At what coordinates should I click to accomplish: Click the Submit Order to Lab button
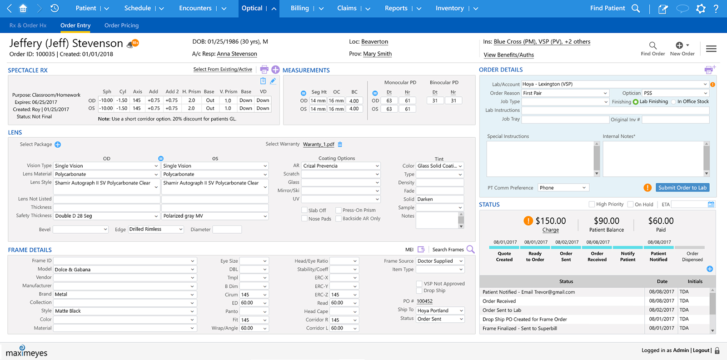[x=682, y=188]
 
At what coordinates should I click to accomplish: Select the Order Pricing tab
[x=121, y=25]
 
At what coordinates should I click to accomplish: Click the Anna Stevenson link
[x=237, y=54]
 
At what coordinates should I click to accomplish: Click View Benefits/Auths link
[x=508, y=55]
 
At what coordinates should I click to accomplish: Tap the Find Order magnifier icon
[x=652, y=45]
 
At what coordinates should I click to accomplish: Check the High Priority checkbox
[x=592, y=205]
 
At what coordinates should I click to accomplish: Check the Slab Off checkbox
[x=304, y=210]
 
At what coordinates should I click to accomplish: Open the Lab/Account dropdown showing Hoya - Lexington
[x=614, y=84]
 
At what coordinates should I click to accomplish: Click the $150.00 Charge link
[x=550, y=230]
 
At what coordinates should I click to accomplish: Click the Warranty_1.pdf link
[x=319, y=145]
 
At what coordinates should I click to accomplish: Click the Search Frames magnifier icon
[x=470, y=249]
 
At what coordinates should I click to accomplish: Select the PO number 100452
[x=424, y=301]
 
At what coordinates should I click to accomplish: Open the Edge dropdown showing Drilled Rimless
[x=155, y=230]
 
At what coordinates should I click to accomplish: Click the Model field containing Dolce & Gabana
[x=122, y=270]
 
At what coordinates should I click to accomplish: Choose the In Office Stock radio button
[x=674, y=102]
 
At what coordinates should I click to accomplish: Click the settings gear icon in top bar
[x=701, y=9]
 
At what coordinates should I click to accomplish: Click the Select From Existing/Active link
[x=222, y=70]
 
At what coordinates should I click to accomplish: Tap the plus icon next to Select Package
[x=58, y=145]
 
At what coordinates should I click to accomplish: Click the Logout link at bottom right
[x=701, y=350]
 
